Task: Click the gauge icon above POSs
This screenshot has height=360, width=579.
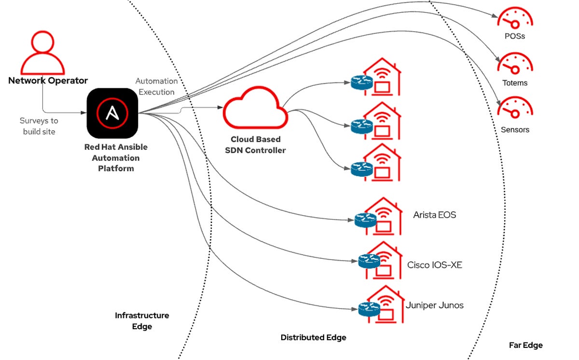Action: (514, 18)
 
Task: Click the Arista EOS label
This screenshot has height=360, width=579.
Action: (434, 215)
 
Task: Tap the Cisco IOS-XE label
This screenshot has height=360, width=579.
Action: (435, 264)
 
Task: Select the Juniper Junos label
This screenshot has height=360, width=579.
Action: (435, 305)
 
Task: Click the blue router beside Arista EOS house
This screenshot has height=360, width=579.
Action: (365, 220)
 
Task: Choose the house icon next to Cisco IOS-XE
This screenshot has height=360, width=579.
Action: (384, 261)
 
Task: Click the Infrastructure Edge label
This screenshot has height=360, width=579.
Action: (142, 321)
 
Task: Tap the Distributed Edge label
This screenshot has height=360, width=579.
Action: (313, 337)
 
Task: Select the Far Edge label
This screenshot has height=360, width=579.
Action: (525, 345)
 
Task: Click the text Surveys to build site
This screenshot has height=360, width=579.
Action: (39, 126)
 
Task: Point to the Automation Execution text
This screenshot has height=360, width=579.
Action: (156, 86)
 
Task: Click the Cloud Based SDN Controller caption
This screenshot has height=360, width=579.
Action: (255, 145)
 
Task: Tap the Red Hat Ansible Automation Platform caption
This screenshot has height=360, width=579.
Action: (116, 158)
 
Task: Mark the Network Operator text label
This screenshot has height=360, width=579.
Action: (48, 81)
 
